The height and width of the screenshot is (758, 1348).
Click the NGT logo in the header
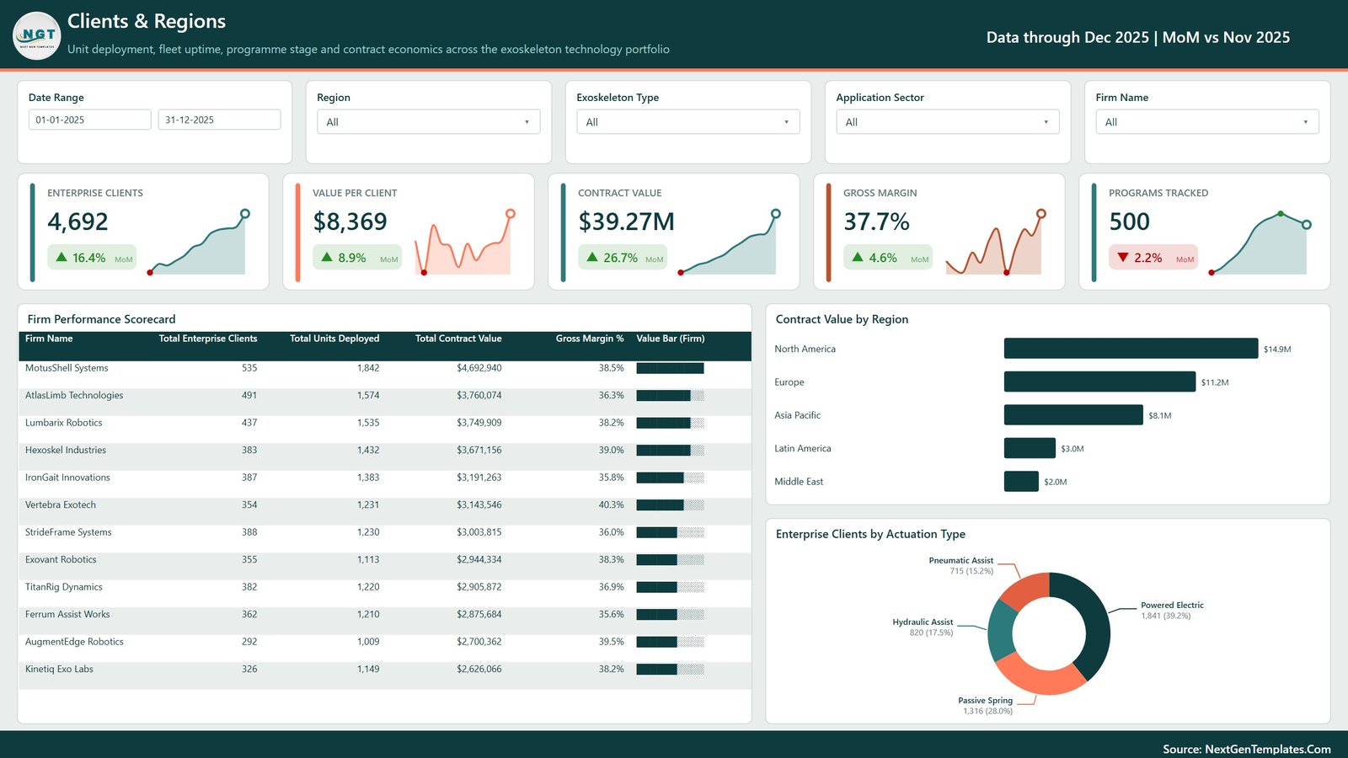(x=37, y=35)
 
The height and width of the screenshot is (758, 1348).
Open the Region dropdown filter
(x=429, y=121)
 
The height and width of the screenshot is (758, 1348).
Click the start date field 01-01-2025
(x=89, y=120)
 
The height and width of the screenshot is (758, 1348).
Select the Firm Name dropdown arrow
(x=1305, y=122)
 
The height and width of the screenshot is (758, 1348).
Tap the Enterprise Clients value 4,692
(x=78, y=222)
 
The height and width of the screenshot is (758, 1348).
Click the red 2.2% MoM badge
(x=1153, y=258)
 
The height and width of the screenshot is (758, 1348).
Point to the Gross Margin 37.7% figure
(x=876, y=222)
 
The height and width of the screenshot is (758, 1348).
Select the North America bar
(x=1131, y=349)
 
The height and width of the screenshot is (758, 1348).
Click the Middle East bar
(x=1021, y=481)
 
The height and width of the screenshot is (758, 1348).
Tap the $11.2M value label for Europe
(x=1214, y=382)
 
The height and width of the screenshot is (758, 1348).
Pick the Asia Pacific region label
(x=797, y=415)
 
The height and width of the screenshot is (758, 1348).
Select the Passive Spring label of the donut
(x=985, y=700)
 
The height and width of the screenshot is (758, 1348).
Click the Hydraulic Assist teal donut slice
(x=999, y=631)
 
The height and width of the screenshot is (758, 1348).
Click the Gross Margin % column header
(x=590, y=338)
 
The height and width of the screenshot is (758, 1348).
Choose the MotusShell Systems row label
(x=67, y=367)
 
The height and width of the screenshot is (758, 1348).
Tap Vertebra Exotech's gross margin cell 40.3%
(x=611, y=504)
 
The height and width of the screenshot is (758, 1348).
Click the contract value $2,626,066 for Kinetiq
(x=479, y=669)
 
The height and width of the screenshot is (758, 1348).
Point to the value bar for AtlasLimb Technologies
(x=670, y=395)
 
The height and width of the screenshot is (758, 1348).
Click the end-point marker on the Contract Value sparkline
(x=776, y=214)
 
